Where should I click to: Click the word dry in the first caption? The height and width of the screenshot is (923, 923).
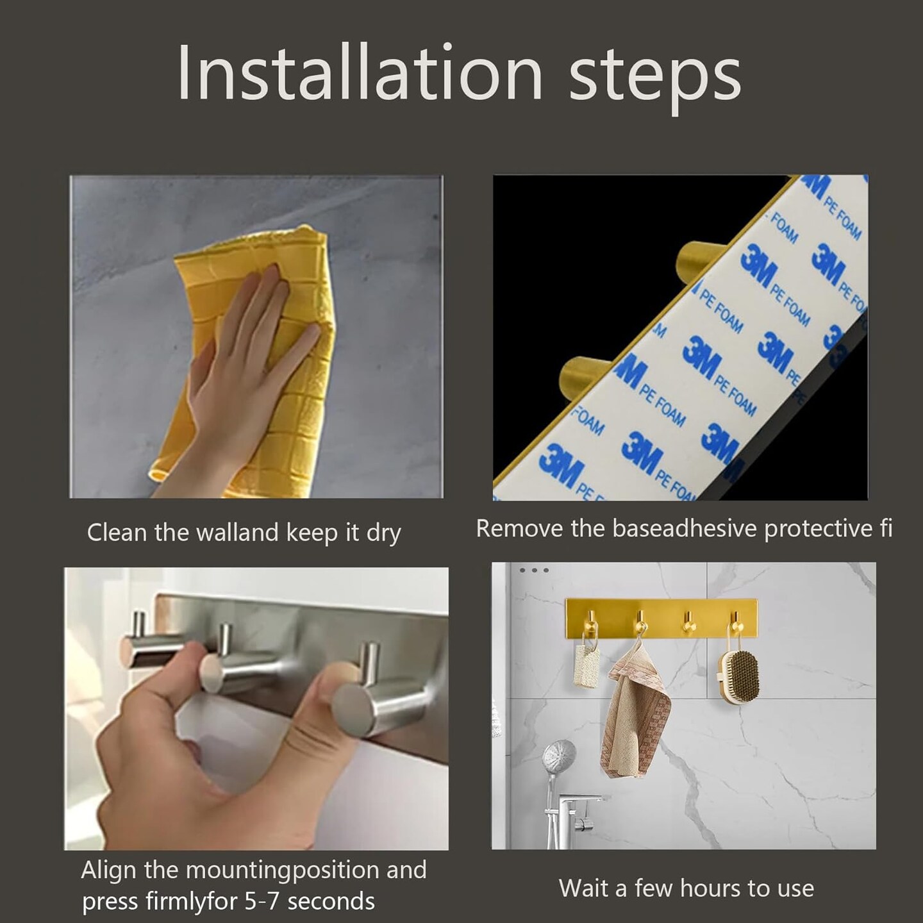coord(383,533)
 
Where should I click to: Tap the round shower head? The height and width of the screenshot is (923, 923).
coord(560,757)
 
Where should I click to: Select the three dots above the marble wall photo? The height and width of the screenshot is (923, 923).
coord(533,570)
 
